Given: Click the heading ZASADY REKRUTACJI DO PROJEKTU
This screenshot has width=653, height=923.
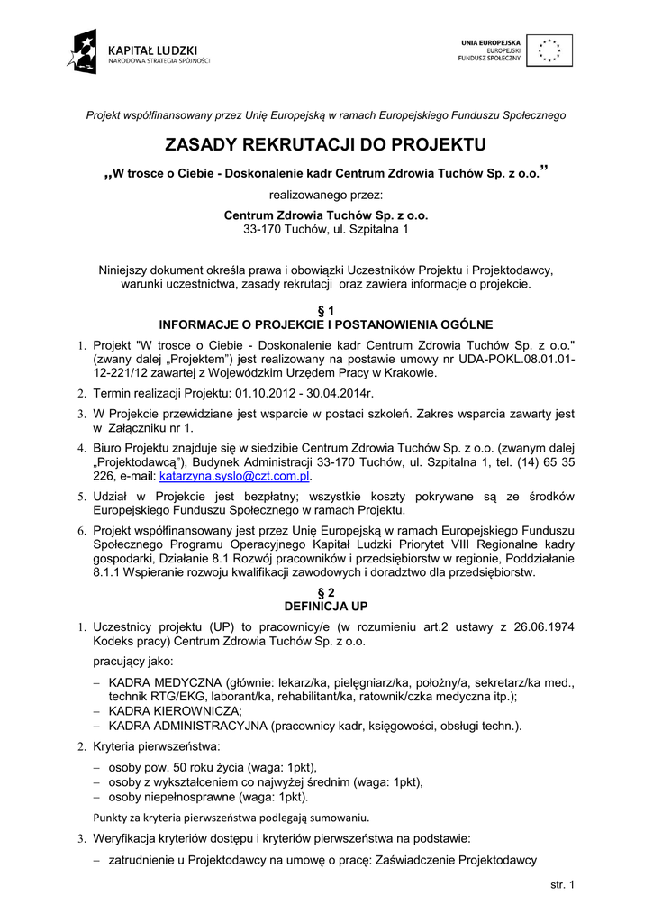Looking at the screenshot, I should click(x=325, y=145).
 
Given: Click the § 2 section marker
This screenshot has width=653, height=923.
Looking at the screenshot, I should click(x=325, y=592).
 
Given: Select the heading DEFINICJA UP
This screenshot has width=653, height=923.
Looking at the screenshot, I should click(x=325, y=605).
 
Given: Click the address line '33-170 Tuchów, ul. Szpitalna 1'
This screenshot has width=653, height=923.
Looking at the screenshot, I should click(x=325, y=230).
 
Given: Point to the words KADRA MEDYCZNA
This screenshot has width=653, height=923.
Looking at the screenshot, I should click(x=165, y=683).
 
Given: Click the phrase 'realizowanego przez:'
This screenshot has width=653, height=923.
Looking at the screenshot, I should click(x=325, y=195).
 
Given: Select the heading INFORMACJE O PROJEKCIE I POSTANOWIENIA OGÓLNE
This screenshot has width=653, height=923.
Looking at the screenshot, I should click(x=325, y=324).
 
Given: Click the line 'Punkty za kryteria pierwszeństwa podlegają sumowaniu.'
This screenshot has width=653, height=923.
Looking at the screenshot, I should click(x=231, y=818).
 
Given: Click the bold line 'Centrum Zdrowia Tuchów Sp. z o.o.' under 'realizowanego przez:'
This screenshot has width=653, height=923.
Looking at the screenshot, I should click(x=325, y=216).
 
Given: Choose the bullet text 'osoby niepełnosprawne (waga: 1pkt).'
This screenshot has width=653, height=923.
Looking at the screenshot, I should click(x=208, y=797).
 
